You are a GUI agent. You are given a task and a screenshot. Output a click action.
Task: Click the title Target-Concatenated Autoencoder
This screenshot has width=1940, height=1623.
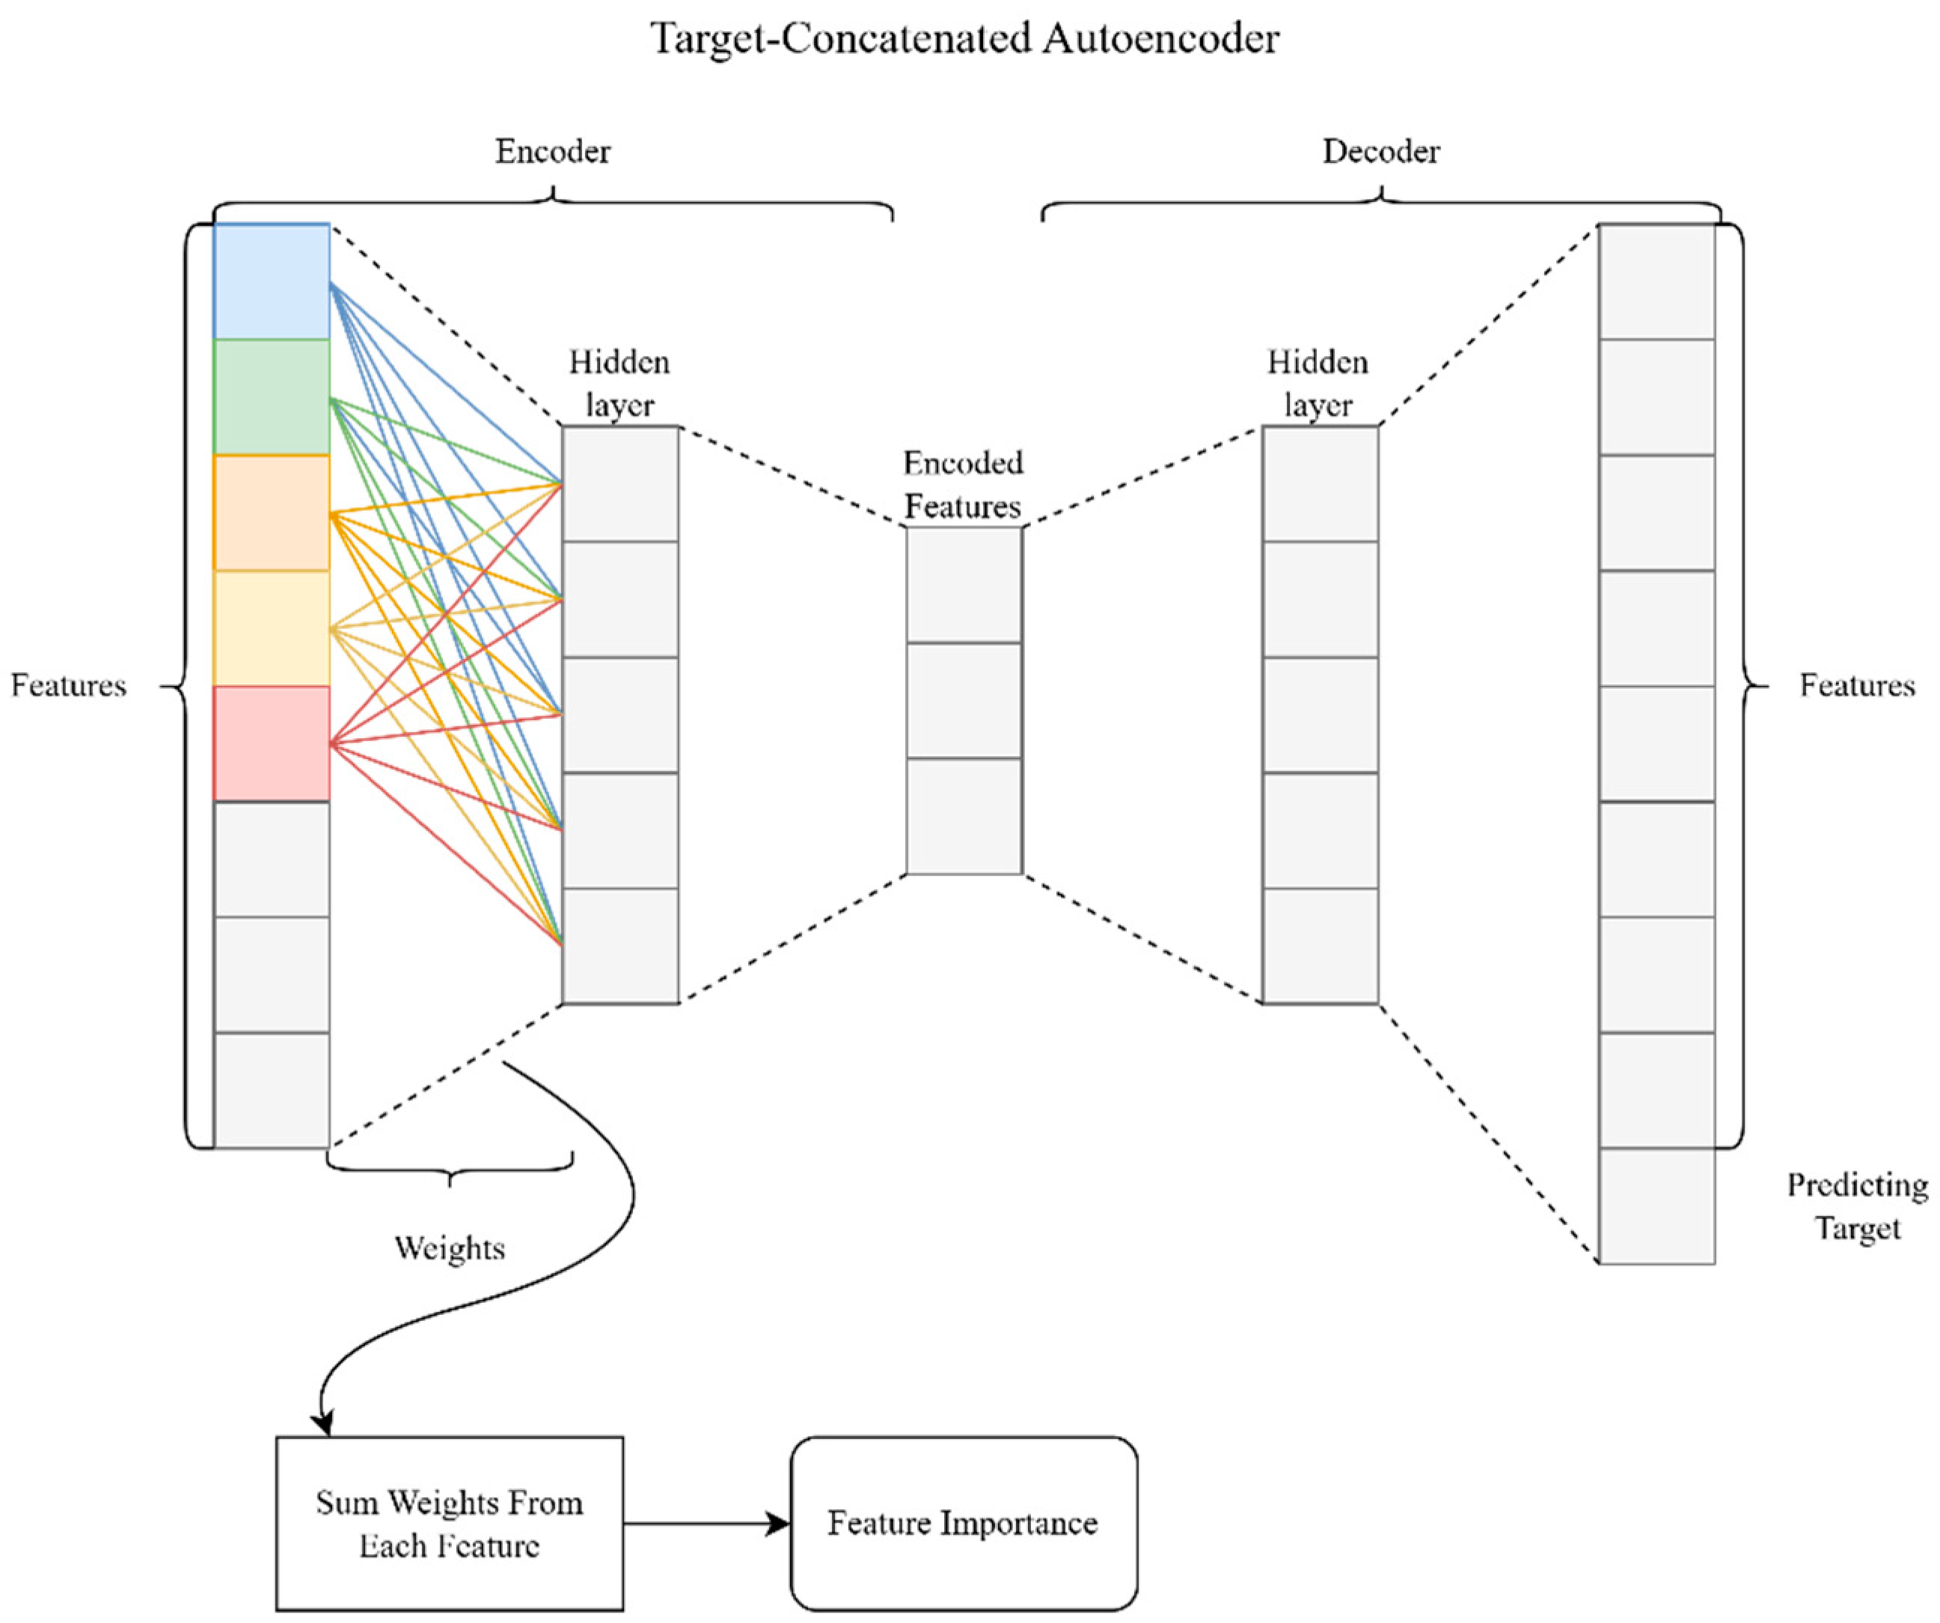pyautogui.click(x=964, y=39)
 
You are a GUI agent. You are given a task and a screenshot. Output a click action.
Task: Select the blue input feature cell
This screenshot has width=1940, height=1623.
pyautogui.click(x=272, y=280)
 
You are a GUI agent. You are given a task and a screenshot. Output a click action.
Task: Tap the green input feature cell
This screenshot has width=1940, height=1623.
pyautogui.click(x=272, y=397)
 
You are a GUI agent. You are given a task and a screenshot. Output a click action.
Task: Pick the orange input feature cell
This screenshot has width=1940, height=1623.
pyautogui.click(x=272, y=512)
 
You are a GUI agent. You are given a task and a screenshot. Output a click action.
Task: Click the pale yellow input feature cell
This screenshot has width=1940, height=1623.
pyautogui.click(x=272, y=628)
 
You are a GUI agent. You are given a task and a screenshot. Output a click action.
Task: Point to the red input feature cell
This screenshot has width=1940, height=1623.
pyautogui.click(x=272, y=743)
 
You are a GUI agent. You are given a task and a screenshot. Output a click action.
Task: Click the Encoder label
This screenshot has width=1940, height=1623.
pyautogui.click(x=552, y=152)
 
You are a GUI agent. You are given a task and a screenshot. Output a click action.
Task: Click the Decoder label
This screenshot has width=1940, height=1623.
pyautogui.click(x=1380, y=152)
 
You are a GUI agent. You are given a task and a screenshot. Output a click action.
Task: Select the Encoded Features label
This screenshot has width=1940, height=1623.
pyautogui.click(x=963, y=485)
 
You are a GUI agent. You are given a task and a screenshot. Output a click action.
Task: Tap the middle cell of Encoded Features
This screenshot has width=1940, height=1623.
pyautogui.click(x=964, y=700)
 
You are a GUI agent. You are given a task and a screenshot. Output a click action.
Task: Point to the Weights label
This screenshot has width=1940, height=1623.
pyautogui.click(x=450, y=1248)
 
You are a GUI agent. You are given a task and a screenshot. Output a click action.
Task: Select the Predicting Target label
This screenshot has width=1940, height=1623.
pyautogui.click(x=1857, y=1206)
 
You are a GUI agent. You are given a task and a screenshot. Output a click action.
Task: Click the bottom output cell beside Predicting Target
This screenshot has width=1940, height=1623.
pyautogui.click(x=1656, y=1206)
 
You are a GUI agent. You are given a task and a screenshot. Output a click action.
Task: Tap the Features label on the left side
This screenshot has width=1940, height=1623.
pyautogui.click(x=68, y=685)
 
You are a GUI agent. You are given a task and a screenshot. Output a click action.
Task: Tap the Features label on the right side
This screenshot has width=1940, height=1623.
pyautogui.click(x=1857, y=685)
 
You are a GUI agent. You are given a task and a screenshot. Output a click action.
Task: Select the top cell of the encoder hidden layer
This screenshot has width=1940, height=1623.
pyautogui.click(x=620, y=484)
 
